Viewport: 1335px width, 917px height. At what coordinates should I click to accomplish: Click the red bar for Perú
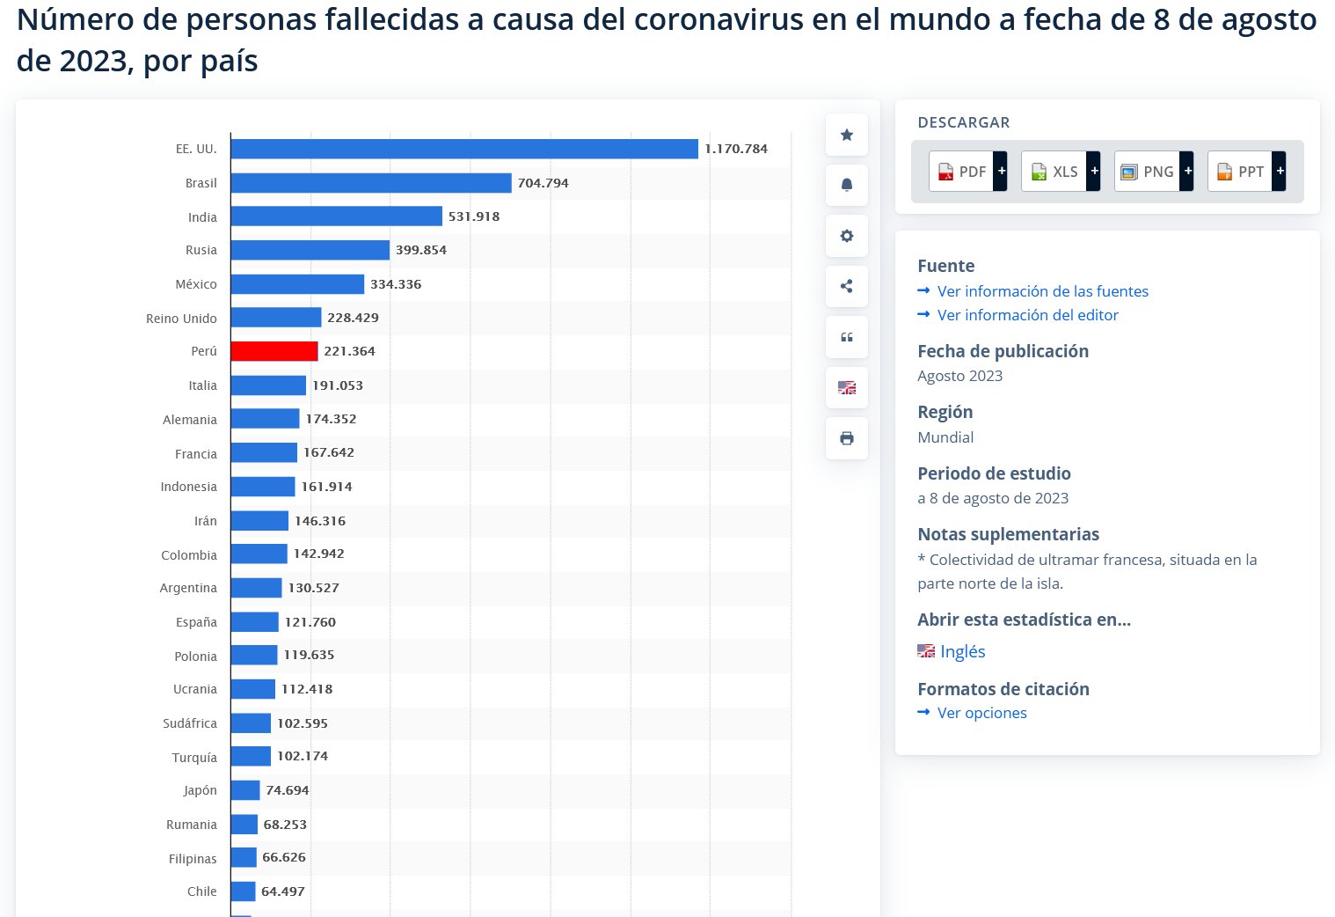point(274,351)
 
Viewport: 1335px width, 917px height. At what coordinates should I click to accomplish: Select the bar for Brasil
point(370,183)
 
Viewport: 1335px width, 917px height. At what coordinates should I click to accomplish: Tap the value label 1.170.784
point(736,149)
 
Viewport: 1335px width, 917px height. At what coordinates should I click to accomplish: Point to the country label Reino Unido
point(181,319)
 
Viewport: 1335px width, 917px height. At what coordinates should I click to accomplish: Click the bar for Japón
point(245,790)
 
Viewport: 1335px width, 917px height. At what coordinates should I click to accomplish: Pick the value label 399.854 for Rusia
point(421,250)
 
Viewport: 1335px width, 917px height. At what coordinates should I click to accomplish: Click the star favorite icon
point(847,135)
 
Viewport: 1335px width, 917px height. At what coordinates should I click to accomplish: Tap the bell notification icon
point(847,185)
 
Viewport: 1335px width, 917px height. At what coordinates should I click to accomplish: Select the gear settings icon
point(847,236)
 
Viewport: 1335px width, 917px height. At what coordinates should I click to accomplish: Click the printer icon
point(847,438)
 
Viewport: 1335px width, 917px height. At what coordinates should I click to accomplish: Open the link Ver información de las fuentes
point(1042,291)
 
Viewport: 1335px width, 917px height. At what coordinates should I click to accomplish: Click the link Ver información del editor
point(1027,315)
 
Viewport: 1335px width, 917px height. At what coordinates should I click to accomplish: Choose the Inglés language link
point(962,651)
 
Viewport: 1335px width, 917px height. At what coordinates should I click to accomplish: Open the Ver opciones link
point(981,713)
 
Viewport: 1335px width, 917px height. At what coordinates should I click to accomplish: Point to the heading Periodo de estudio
point(994,473)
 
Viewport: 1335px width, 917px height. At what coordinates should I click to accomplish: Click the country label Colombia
point(189,555)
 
